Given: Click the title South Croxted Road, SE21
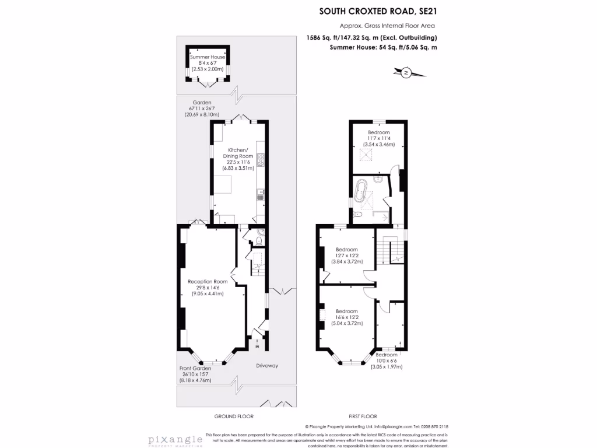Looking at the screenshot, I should coord(378,10).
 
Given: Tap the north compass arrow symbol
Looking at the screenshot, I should coord(406,72).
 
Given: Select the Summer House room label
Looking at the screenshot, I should coord(207,57).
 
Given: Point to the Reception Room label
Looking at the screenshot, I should coord(208,281).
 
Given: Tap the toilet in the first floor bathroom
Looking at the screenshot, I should coord(359,216).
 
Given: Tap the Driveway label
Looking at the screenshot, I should coord(266,366).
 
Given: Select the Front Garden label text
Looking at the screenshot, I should coord(195,368).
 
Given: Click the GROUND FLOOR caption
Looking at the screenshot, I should coord(234,416).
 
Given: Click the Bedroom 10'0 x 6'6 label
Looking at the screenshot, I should coord(387,355).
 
